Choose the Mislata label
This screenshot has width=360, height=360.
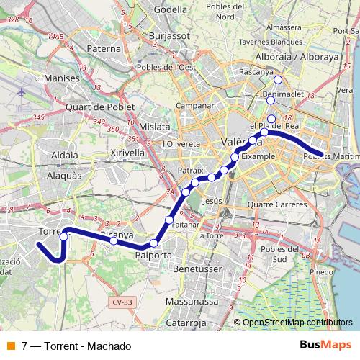(x=156, y=126)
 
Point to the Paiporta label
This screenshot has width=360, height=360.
(x=153, y=255)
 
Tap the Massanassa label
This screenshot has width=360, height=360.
(x=192, y=301)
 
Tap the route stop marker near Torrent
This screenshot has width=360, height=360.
(x=63, y=236)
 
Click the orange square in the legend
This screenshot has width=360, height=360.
(x=10, y=346)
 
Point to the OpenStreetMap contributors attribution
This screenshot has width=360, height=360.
(x=297, y=323)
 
